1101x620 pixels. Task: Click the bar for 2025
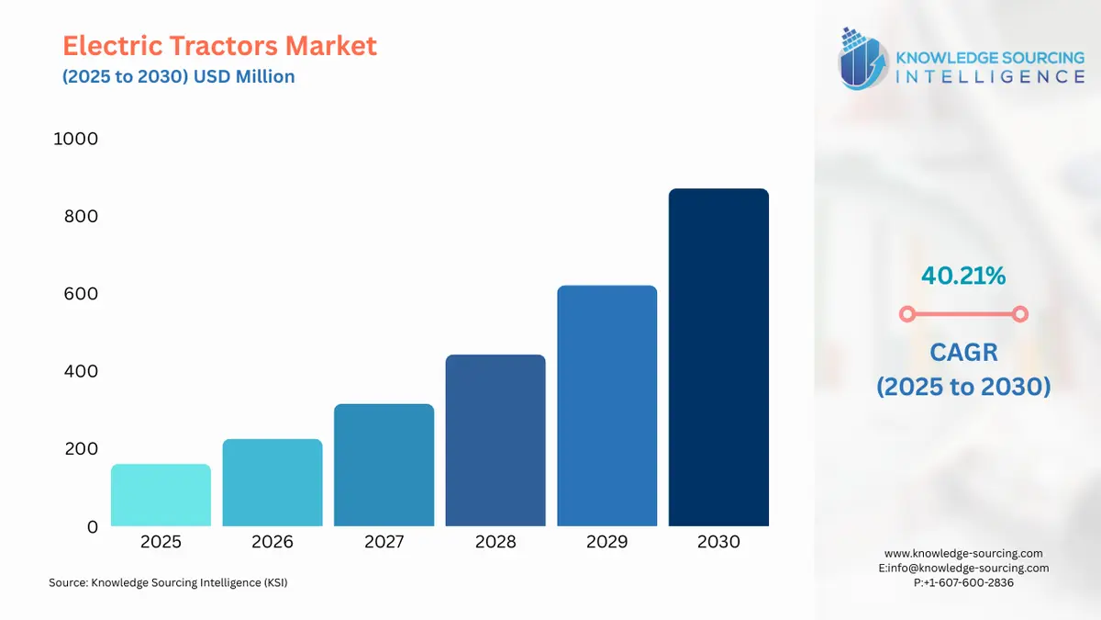161,495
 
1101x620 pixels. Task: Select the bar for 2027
384,465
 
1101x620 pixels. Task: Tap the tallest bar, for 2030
718,357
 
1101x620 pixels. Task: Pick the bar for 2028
495,440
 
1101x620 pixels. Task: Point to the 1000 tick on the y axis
76,140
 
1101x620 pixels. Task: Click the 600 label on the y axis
79,295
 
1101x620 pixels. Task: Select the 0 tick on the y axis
92,527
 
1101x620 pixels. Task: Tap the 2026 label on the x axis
272,542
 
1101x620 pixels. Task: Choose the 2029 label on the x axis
607,542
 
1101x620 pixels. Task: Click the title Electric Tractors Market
219,46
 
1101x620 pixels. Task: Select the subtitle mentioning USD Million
179,77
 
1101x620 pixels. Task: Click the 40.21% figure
963,275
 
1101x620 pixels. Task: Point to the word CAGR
963,351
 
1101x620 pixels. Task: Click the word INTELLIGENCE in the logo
989,77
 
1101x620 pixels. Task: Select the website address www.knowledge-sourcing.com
963,553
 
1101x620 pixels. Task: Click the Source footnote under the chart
168,582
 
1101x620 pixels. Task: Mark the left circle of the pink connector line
907,314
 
